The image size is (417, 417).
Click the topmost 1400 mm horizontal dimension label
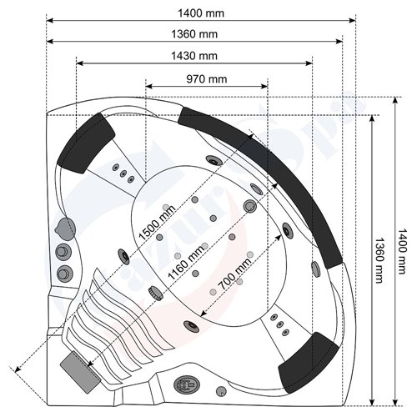click(x=201, y=13)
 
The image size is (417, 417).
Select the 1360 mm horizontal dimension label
click(x=194, y=34)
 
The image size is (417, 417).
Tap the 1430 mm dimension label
click(x=194, y=56)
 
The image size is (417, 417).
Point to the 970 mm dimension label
click(x=207, y=79)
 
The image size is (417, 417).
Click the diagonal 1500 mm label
click(x=157, y=223)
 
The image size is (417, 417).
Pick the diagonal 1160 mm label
click(x=187, y=262)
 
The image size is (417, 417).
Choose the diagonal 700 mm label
click(x=235, y=274)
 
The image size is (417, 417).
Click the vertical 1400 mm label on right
click(x=402, y=251)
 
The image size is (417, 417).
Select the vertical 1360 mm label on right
click(x=379, y=260)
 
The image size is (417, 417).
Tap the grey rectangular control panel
click(x=80, y=372)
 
